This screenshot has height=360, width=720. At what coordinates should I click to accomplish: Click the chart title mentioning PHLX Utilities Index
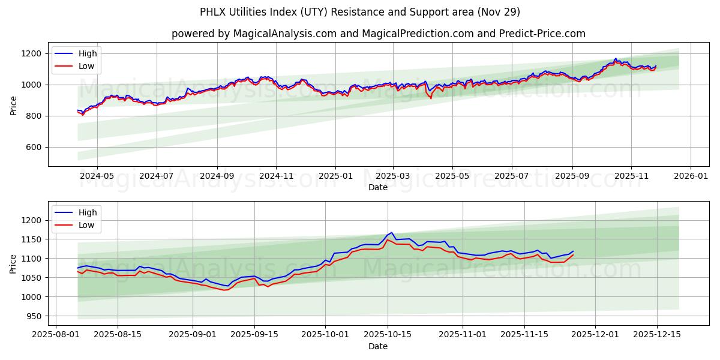pyautogui.click(x=360, y=12)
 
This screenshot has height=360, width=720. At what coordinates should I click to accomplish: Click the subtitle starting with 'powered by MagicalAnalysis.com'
pyautogui.click(x=378, y=34)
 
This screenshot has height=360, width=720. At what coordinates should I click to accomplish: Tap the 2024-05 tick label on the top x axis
pyautogui.click(x=97, y=177)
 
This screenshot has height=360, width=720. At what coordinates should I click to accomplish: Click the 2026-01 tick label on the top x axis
pyautogui.click(x=691, y=177)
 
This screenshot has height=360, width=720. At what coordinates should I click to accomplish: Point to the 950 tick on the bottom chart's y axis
pyautogui.click(x=34, y=316)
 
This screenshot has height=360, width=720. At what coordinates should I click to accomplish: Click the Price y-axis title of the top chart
pyautogui.click(x=14, y=104)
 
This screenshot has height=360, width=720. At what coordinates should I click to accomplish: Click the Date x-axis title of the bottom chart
pyautogui.click(x=378, y=346)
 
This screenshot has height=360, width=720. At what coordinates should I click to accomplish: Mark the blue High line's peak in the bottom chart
pyautogui.click(x=392, y=232)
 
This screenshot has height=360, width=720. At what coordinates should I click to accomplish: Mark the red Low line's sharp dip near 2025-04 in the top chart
pyautogui.click(x=430, y=98)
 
